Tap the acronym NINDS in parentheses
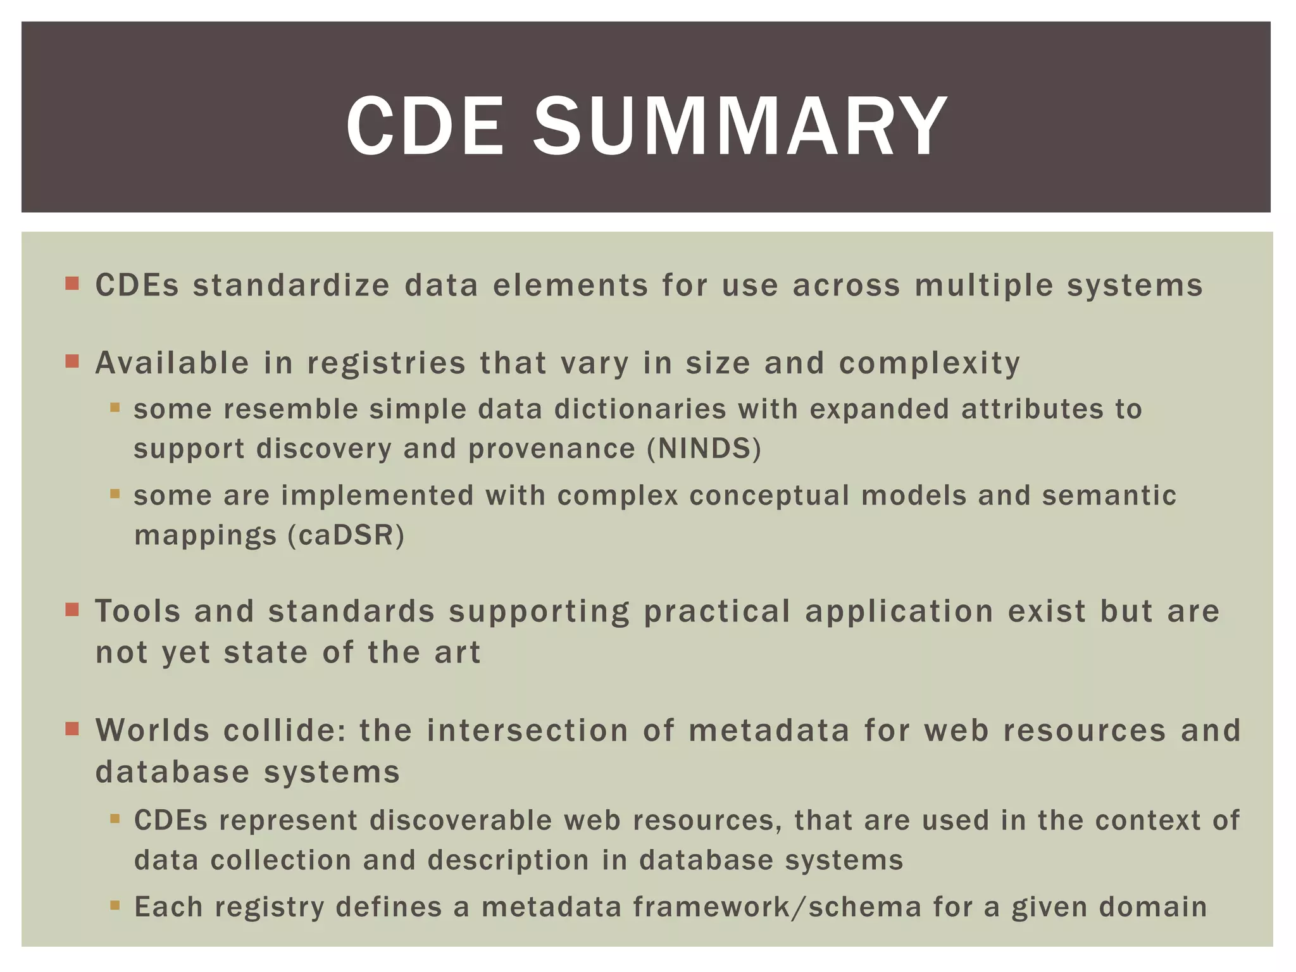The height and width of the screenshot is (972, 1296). (x=703, y=449)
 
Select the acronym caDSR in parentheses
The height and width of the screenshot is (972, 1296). (x=346, y=535)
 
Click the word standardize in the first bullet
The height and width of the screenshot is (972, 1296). (x=291, y=285)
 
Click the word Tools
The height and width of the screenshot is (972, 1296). (x=137, y=612)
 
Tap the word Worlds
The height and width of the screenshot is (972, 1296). (x=152, y=730)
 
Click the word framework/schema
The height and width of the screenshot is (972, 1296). (x=776, y=907)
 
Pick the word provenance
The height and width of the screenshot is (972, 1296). (x=551, y=449)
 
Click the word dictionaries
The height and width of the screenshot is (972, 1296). (x=640, y=409)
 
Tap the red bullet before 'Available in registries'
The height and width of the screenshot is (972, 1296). (x=72, y=361)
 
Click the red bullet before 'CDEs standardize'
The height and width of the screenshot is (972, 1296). (x=72, y=283)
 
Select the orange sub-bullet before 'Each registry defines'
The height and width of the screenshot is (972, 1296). (x=115, y=906)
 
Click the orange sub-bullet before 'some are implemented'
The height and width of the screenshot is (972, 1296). (x=115, y=494)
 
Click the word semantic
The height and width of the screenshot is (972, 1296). (x=1109, y=495)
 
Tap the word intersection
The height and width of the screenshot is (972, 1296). (x=527, y=730)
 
